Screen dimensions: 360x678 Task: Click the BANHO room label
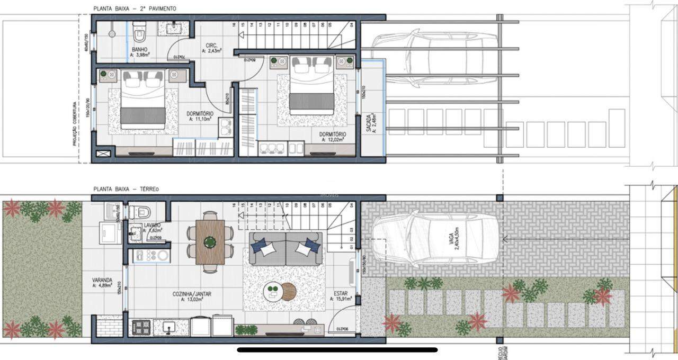(139, 51)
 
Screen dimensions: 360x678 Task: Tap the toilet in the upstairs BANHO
(140, 33)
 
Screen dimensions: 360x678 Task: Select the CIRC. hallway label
(210, 46)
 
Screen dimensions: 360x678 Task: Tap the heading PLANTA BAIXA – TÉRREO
(126, 189)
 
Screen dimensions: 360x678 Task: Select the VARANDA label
(102, 281)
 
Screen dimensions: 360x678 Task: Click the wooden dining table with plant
(210, 242)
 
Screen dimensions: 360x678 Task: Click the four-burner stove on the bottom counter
(142, 326)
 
